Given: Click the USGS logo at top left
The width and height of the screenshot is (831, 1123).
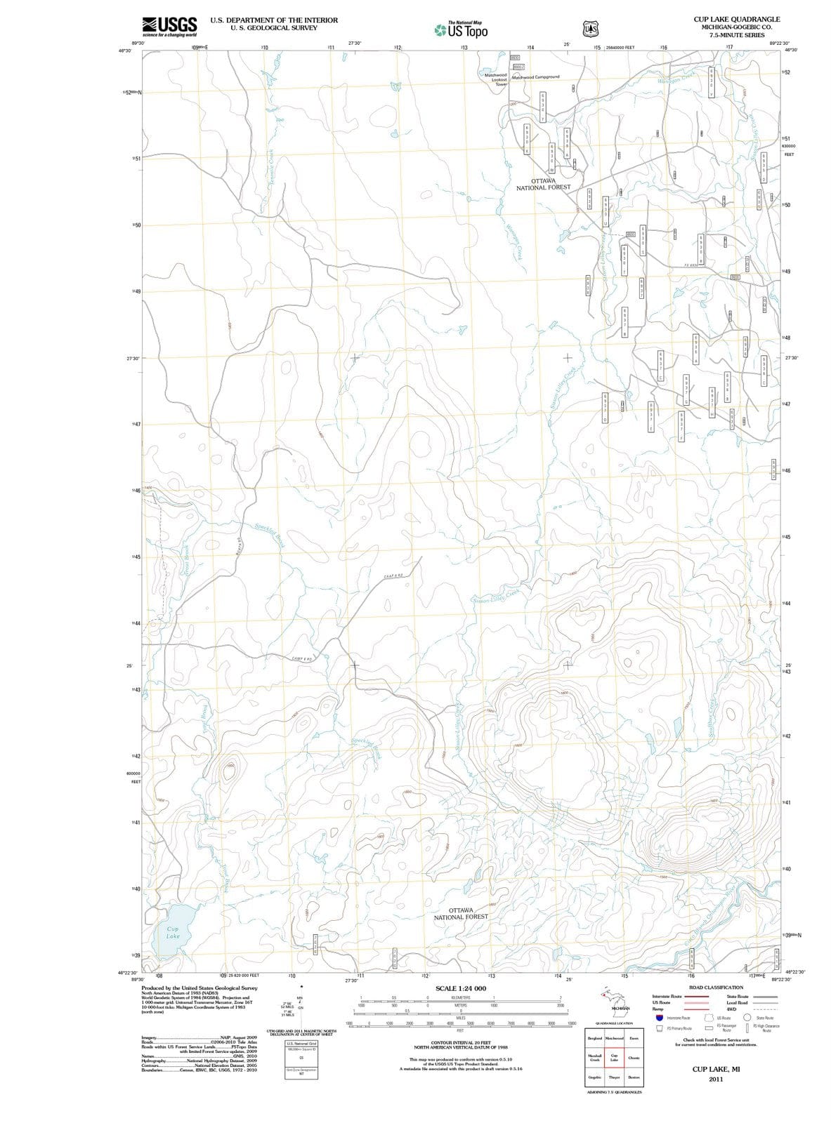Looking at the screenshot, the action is (169, 26).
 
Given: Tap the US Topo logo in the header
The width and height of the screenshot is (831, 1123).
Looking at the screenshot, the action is (461, 29).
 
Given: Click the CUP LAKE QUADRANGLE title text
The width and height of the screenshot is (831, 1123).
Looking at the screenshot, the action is (736, 19).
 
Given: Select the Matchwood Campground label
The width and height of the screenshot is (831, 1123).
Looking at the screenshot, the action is (536, 77).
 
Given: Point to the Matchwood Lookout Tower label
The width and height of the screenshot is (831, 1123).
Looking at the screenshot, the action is (496, 79).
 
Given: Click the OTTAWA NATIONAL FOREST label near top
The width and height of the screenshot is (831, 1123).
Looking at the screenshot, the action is (543, 184).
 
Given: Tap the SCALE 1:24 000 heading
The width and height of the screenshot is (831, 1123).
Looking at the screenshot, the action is (461, 988).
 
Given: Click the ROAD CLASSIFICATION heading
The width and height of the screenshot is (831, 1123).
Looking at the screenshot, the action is (716, 987).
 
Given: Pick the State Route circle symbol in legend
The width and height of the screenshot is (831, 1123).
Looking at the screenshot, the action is (749, 1018).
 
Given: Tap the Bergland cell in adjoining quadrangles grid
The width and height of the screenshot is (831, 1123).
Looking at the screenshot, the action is (594, 1037).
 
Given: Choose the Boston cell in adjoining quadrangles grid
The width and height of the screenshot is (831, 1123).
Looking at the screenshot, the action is (634, 1077).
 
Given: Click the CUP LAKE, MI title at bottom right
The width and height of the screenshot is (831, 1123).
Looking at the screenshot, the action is (716, 1069).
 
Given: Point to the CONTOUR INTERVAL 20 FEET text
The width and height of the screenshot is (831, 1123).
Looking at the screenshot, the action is (461, 1043).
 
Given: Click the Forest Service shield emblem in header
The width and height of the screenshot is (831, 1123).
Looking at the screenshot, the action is (590, 28).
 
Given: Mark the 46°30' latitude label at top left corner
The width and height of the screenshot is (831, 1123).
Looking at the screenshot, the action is (124, 51).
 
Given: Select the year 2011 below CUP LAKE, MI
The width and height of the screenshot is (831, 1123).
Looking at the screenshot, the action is (716, 1079).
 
